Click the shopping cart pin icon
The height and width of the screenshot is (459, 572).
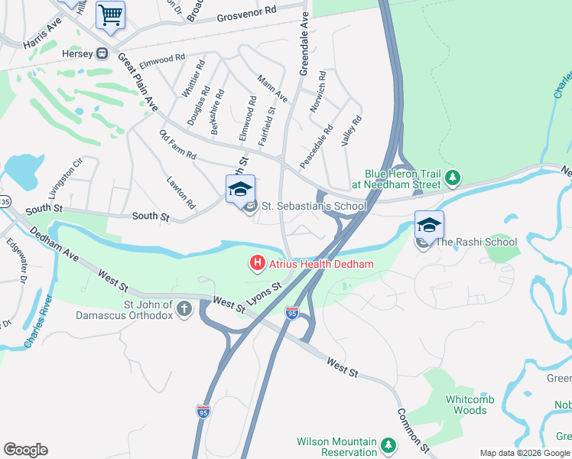[110, 15]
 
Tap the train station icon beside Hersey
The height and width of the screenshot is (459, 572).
[100, 54]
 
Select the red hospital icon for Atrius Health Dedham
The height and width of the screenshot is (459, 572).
[258, 264]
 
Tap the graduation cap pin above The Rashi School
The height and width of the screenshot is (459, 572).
[429, 225]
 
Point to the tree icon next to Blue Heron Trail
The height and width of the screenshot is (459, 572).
[453, 178]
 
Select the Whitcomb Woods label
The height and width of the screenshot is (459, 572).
[466, 405]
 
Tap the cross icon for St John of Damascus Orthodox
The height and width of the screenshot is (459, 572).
[184, 308]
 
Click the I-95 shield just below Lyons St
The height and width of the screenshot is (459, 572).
[291, 313]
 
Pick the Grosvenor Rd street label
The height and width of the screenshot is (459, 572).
[247, 14]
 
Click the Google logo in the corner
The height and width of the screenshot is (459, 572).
[25, 450]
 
